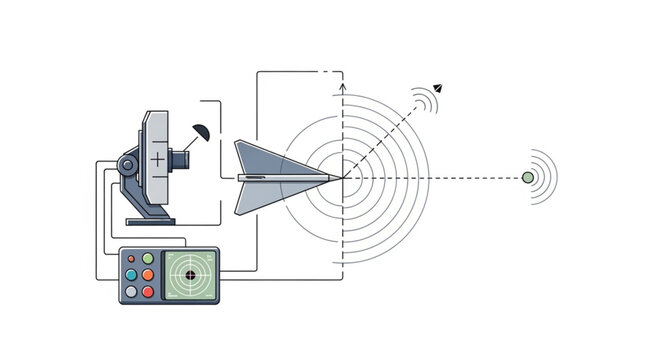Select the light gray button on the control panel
pyautogui.click(x=130, y=292)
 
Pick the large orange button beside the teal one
pyautogui.click(x=148, y=275)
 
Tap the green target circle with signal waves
pyautogui.click(x=528, y=178)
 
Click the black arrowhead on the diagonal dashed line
pyautogui.click(x=438, y=88)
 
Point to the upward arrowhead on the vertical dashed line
pyautogui.click(x=343, y=89)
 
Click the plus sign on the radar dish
pyautogui.click(x=157, y=159)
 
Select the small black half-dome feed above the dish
pyautogui.click(x=202, y=131)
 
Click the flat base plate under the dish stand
pyautogui.click(x=149, y=220)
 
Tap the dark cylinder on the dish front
pyautogui.click(x=179, y=158)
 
